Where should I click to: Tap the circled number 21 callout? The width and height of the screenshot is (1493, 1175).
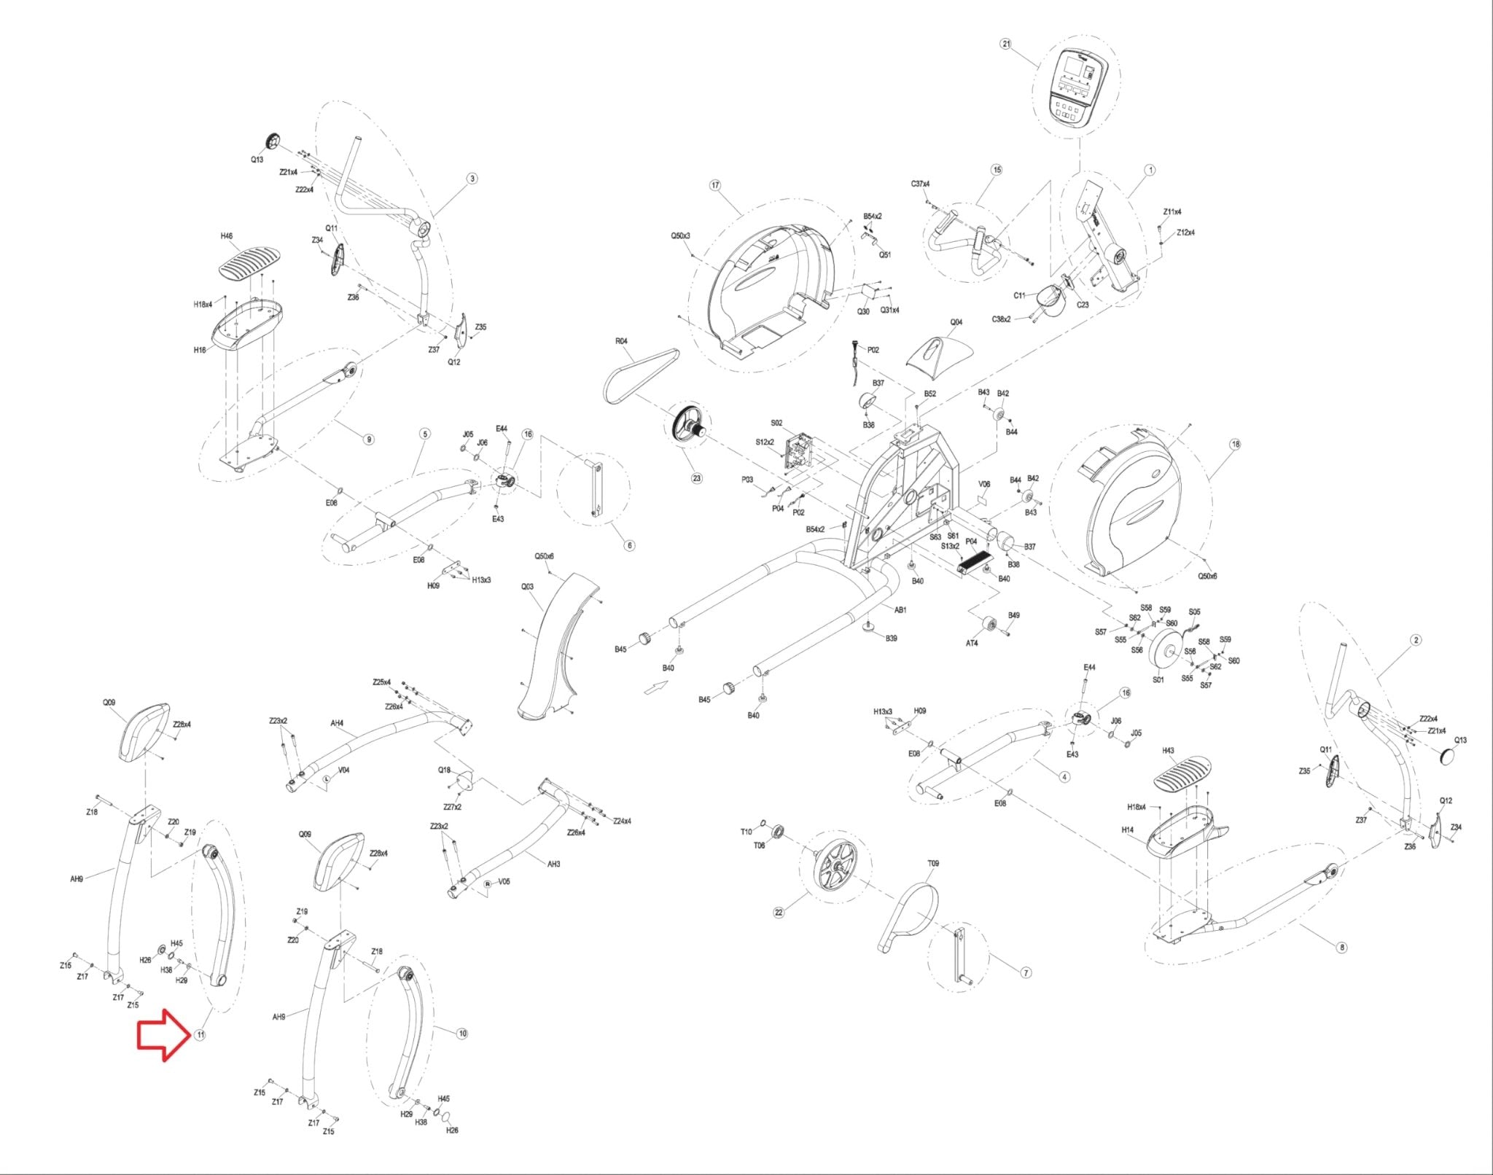click(1006, 44)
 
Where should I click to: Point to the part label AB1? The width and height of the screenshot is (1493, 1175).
click(900, 610)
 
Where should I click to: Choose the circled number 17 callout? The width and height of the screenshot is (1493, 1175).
click(714, 185)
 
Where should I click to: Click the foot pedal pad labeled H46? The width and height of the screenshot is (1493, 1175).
click(250, 261)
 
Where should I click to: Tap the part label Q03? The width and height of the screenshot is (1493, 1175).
click(527, 587)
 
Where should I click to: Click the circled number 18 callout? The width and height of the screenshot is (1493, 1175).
click(1235, 444)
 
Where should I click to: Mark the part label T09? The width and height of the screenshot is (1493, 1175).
click(933, 863)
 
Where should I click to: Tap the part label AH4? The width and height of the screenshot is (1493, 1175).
click(337, 724)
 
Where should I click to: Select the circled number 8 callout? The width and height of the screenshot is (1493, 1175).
click(1342, 948)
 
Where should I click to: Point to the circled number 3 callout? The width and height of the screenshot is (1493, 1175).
click(472, 179)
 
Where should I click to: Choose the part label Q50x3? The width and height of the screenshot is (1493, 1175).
click(680, 236)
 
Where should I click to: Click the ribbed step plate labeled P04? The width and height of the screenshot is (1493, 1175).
click(974, 561)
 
